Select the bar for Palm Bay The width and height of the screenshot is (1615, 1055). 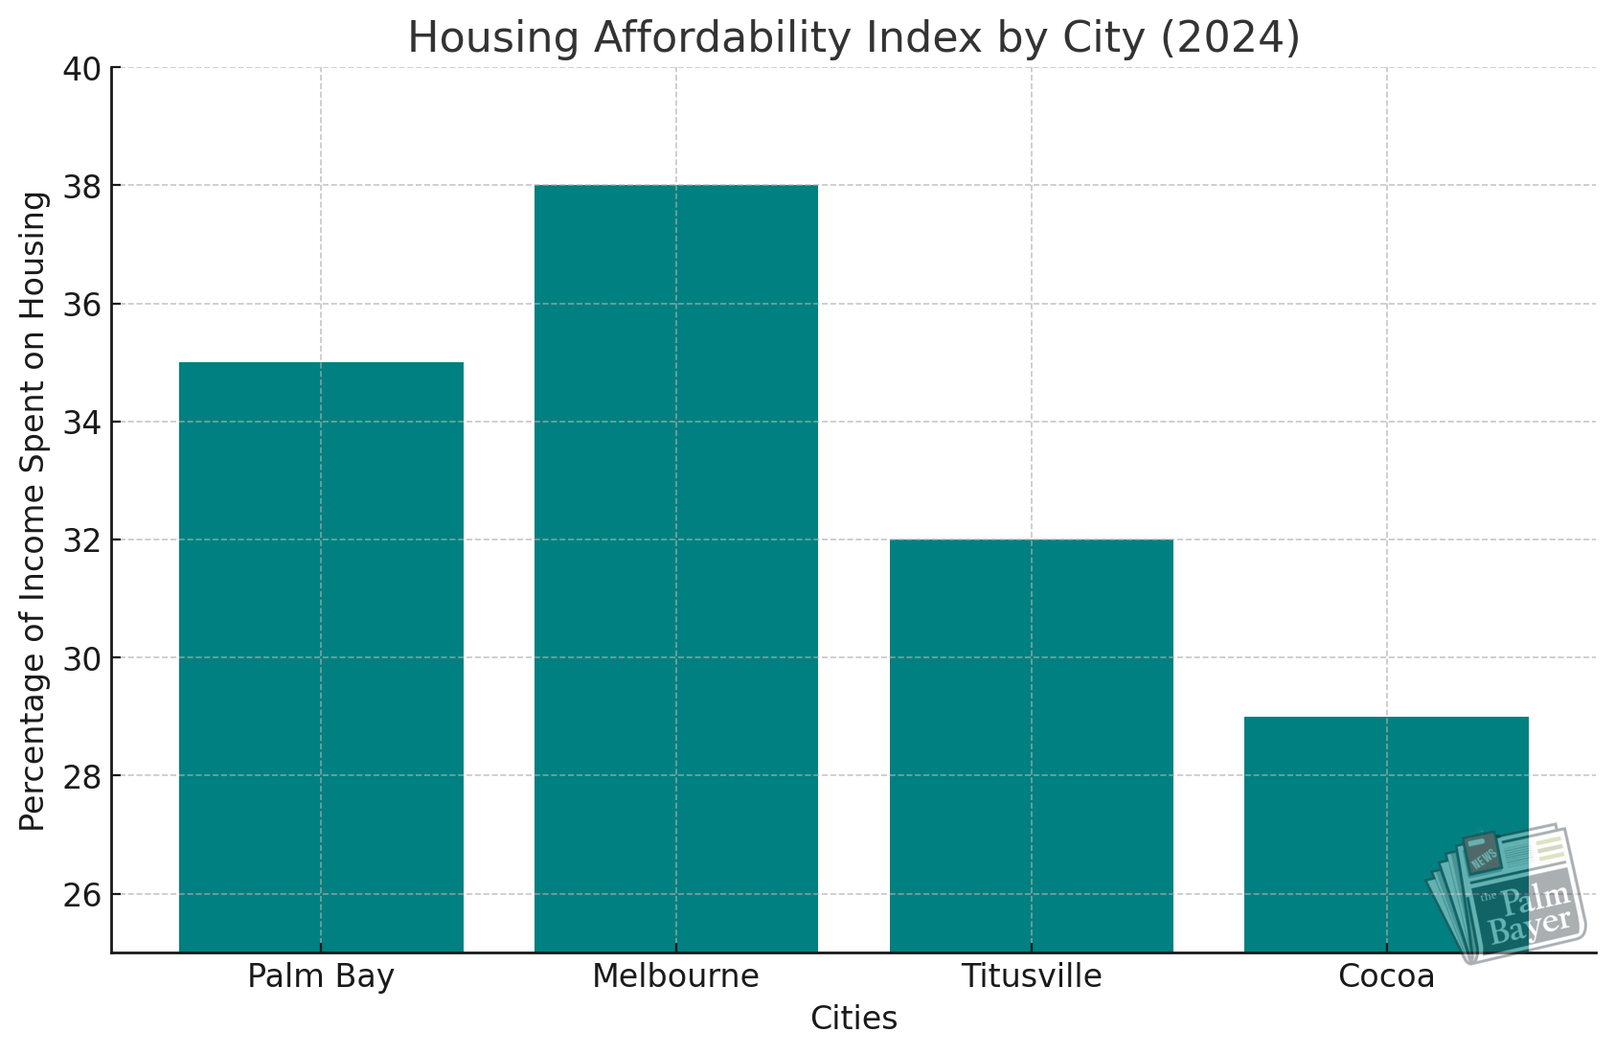321,657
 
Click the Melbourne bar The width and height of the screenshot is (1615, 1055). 676,568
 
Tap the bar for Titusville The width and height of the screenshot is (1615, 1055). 1032,745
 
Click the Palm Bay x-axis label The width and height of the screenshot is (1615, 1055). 321,976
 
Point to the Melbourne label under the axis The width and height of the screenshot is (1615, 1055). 675,976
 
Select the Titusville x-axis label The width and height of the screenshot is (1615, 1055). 1032,976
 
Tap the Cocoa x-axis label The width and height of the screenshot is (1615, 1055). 1386,976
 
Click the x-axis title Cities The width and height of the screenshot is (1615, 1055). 853,1019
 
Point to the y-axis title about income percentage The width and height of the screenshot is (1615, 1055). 34,511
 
